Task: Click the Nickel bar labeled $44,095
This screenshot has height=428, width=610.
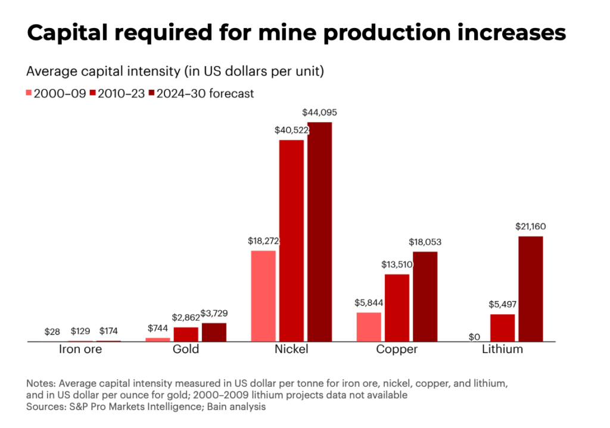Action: click(320, 232)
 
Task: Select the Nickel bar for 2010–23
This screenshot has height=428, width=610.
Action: click(291, 241)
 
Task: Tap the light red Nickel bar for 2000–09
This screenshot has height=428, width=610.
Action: click(263, 296)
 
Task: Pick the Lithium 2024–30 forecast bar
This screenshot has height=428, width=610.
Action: click(530, 289)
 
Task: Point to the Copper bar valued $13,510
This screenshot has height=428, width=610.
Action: click(397, 308)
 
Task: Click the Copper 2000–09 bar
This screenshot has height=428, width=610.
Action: click(369, 327)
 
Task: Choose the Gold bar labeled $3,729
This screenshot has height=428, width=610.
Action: click(214, 332)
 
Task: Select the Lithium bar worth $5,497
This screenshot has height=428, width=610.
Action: click(502, 328)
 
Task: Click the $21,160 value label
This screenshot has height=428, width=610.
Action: click(529, 226)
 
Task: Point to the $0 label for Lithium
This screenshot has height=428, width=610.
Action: click(474, 337)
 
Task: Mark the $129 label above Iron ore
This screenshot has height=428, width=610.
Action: click(80, 331)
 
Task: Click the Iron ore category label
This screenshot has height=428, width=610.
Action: click(80, 349)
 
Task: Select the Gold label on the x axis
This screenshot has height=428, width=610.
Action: click(185, 349)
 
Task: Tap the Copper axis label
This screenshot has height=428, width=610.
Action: click(397, 349)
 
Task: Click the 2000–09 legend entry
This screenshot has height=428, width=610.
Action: click(57, 93)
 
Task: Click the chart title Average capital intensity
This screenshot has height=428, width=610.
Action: click(175, 72)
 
